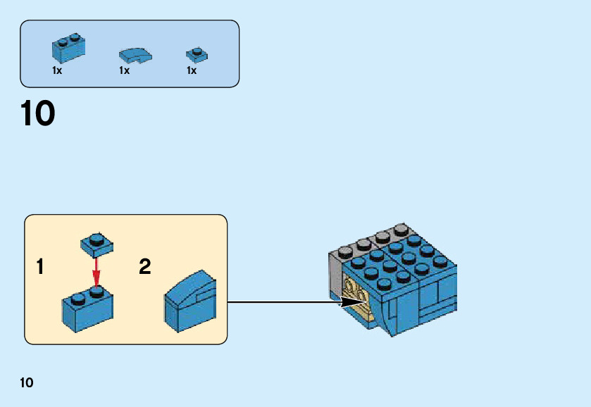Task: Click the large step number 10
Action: [38, 114]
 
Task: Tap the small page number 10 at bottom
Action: [27, 383]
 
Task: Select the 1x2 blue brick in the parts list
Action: [68, 47]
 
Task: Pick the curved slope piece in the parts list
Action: [135, 54]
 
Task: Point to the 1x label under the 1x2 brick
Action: [57, 71]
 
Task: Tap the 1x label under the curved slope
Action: [124, 71]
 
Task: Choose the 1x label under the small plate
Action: [192, 71]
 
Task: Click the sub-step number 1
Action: [41, 268]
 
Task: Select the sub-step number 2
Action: [145, 268]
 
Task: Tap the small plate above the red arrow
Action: [97, 244]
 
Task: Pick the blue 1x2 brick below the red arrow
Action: [88, 308]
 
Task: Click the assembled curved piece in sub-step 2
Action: [190, 303]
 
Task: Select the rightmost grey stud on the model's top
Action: [402, 229]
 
